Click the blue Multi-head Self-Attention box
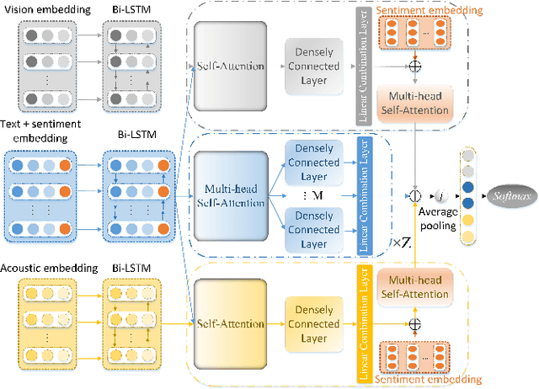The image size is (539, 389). [230, 195]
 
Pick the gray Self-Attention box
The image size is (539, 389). [230, 65]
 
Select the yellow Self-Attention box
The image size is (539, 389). [230, 323]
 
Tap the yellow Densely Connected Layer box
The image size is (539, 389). [313, 323]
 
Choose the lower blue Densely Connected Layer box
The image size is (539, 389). [313, 229]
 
